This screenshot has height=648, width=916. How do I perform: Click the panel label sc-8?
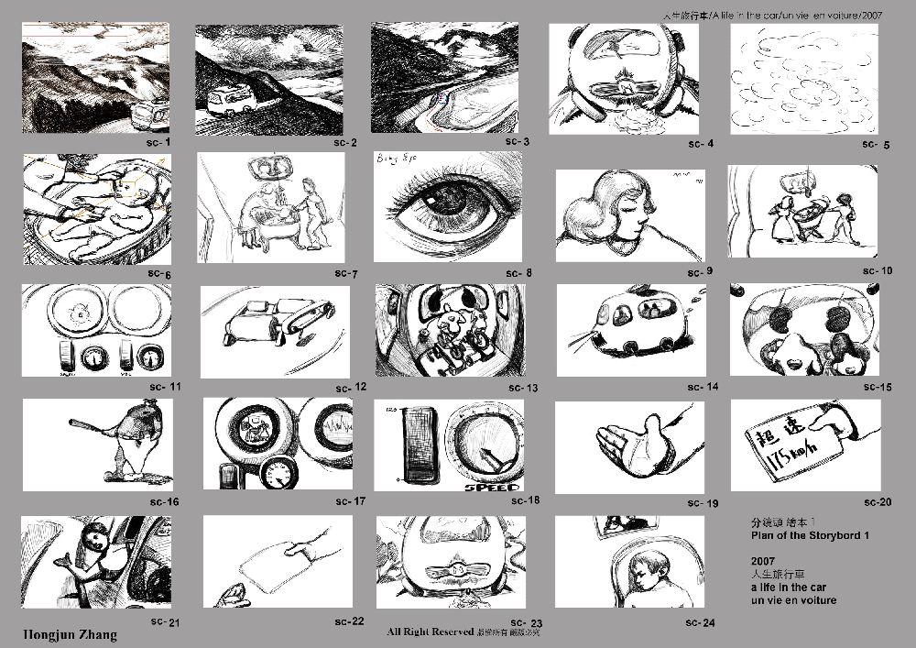(518, 273)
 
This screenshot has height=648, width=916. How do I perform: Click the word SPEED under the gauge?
(492, 487)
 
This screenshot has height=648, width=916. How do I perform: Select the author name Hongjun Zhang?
(70, 634)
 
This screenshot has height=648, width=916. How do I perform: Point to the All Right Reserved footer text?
(431, 632)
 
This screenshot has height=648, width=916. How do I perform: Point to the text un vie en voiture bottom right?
(792, 600)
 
